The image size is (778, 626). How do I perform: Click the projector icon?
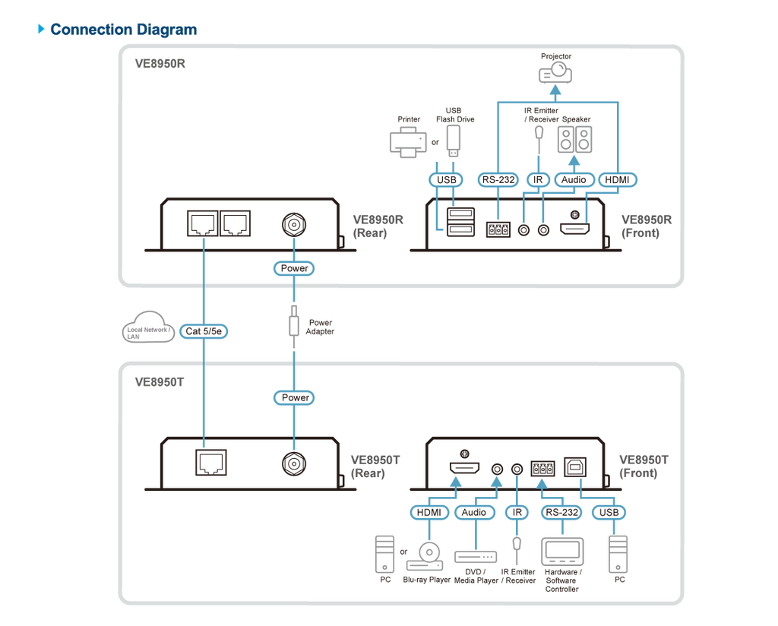click(555, 73)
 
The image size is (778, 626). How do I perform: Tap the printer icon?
click(408, 141)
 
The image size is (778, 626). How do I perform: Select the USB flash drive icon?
click(453, 141)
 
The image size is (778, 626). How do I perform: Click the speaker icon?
click(574, 139)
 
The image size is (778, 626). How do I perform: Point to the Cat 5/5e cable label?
click(204, 331)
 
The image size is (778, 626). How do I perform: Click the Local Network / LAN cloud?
click(148, 327)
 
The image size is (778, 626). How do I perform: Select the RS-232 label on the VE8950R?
click(498, 179)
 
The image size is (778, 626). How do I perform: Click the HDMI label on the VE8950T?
click(429, 512)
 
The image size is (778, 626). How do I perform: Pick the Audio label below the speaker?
click(574, 179)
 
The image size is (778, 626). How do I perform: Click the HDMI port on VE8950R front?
click(574, 229)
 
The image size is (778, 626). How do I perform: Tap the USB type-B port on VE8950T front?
click(575, 466)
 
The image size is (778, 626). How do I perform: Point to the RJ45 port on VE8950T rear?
click(211, 463)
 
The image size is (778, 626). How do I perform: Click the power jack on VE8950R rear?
click(294, 225)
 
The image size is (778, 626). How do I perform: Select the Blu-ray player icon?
click(425, 557)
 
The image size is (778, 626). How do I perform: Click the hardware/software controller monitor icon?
click(562, 552)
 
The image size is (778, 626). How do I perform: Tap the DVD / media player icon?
click(476, 557)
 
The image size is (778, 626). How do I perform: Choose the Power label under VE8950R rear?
click(294, 268)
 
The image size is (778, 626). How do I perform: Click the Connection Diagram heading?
click(124, 30)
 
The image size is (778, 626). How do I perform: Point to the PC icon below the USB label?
click(618, 555)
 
